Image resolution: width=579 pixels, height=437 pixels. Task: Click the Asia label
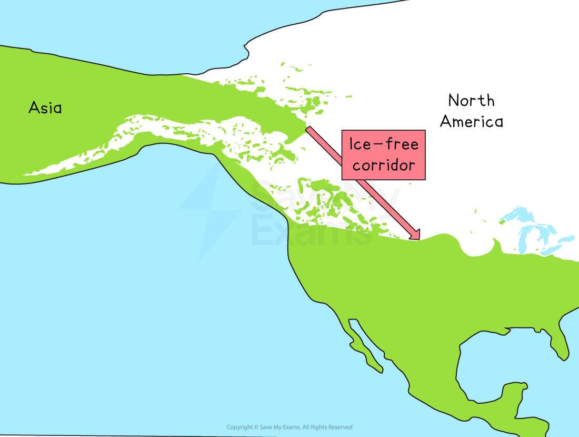point(45,108)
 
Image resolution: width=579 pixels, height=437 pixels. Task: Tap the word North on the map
point(471,100)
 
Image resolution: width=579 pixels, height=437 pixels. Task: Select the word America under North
point(471,122)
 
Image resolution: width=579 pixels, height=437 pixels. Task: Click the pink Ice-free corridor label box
point(383,155)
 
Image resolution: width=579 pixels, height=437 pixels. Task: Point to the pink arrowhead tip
point(418,239)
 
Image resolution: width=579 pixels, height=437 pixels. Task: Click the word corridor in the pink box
point(384,166)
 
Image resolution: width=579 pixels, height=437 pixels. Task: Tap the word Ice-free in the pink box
point(384,144)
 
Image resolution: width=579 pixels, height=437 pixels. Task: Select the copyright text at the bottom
point(289,427)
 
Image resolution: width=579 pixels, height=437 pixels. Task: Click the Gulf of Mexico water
point(500,358)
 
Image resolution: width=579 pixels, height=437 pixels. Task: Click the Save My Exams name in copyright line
point(279,427)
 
